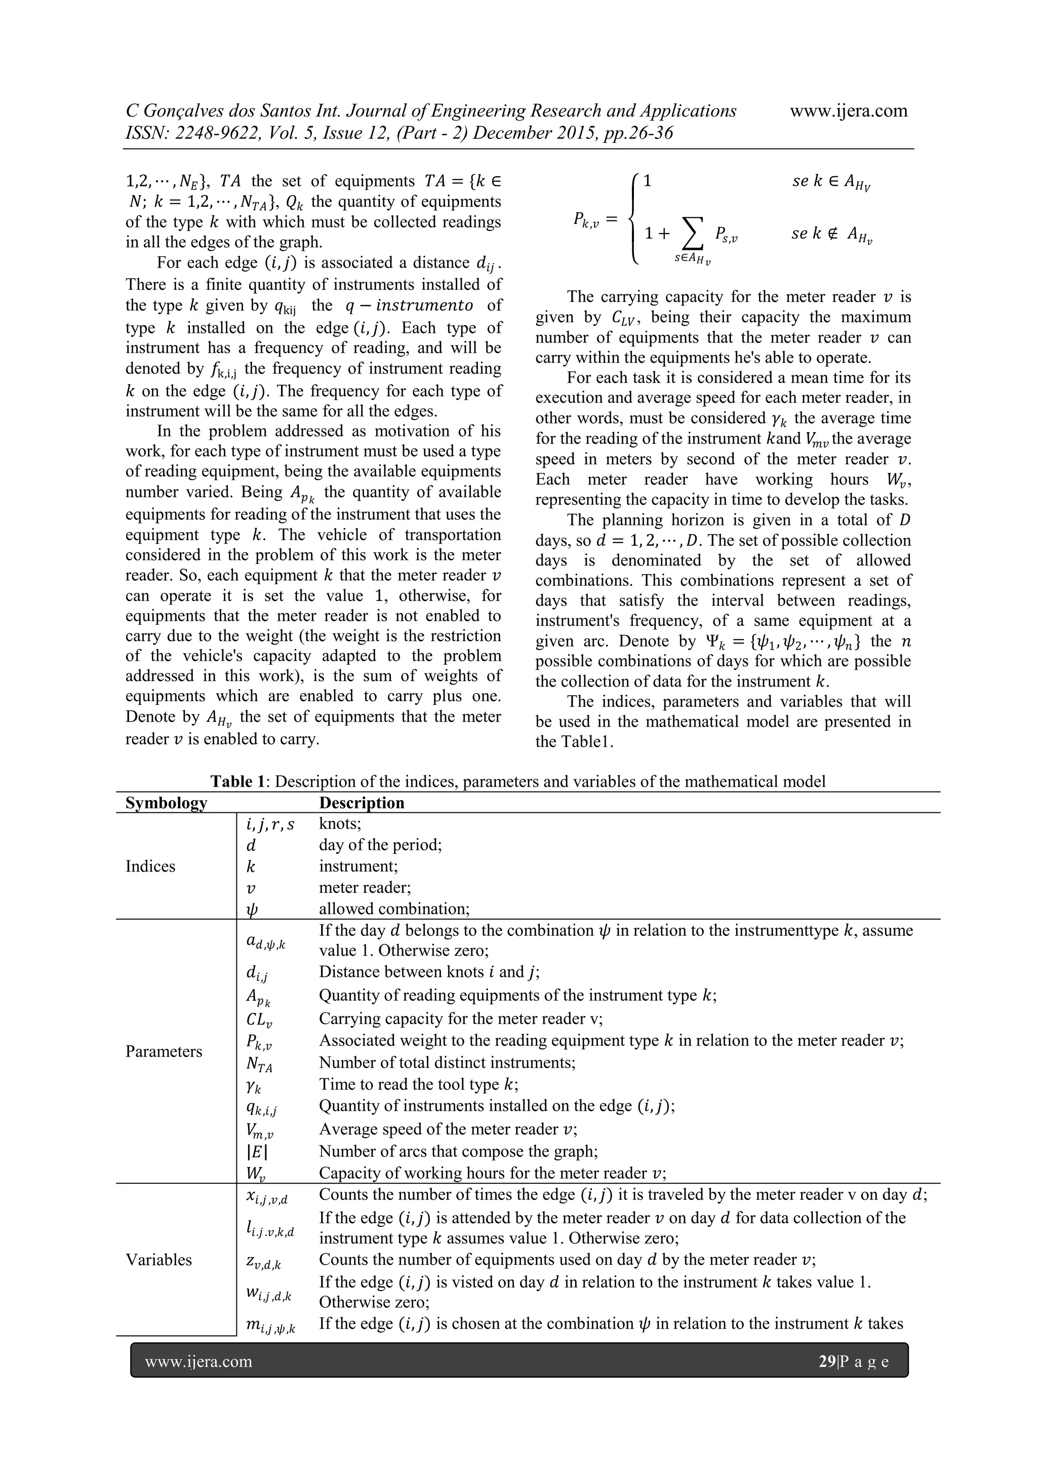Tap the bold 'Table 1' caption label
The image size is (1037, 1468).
point(237,781)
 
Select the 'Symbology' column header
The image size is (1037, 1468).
point(166,803)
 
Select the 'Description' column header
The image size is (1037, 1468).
point(362,803)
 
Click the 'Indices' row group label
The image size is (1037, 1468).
point(150,867)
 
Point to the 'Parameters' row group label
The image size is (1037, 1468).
point(164,1052)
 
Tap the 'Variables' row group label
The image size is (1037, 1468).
point(158,1260)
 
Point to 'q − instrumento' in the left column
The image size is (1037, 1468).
point(409,306)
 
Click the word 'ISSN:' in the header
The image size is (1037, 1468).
point(146,134)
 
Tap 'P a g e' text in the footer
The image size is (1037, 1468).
point(864,1362)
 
